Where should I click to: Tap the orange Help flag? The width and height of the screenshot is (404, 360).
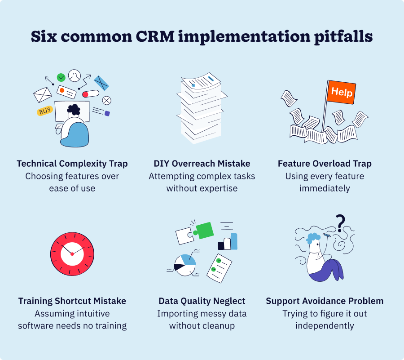coord(341,93)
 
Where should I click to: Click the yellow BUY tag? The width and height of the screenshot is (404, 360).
coord(45,111)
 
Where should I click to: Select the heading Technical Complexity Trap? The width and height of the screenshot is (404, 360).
coord(72,164)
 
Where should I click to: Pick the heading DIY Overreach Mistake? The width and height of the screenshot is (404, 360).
coord(202,164)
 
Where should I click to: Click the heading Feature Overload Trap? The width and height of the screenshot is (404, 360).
coord(325,164)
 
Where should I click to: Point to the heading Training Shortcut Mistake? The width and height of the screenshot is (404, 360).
coord(72,301)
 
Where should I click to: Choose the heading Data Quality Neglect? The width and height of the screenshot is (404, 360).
coord(202,301)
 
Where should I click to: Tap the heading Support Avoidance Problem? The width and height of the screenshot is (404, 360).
coord(325,301)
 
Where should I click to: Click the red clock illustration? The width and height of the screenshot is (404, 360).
coord(72,254)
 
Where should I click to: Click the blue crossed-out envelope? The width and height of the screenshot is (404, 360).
coord(101,83)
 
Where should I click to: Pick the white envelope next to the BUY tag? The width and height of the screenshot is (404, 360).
coord(43,95)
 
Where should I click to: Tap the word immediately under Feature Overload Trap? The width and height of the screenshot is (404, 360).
coord(325,188)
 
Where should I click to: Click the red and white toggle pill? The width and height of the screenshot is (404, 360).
coord(90,94)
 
